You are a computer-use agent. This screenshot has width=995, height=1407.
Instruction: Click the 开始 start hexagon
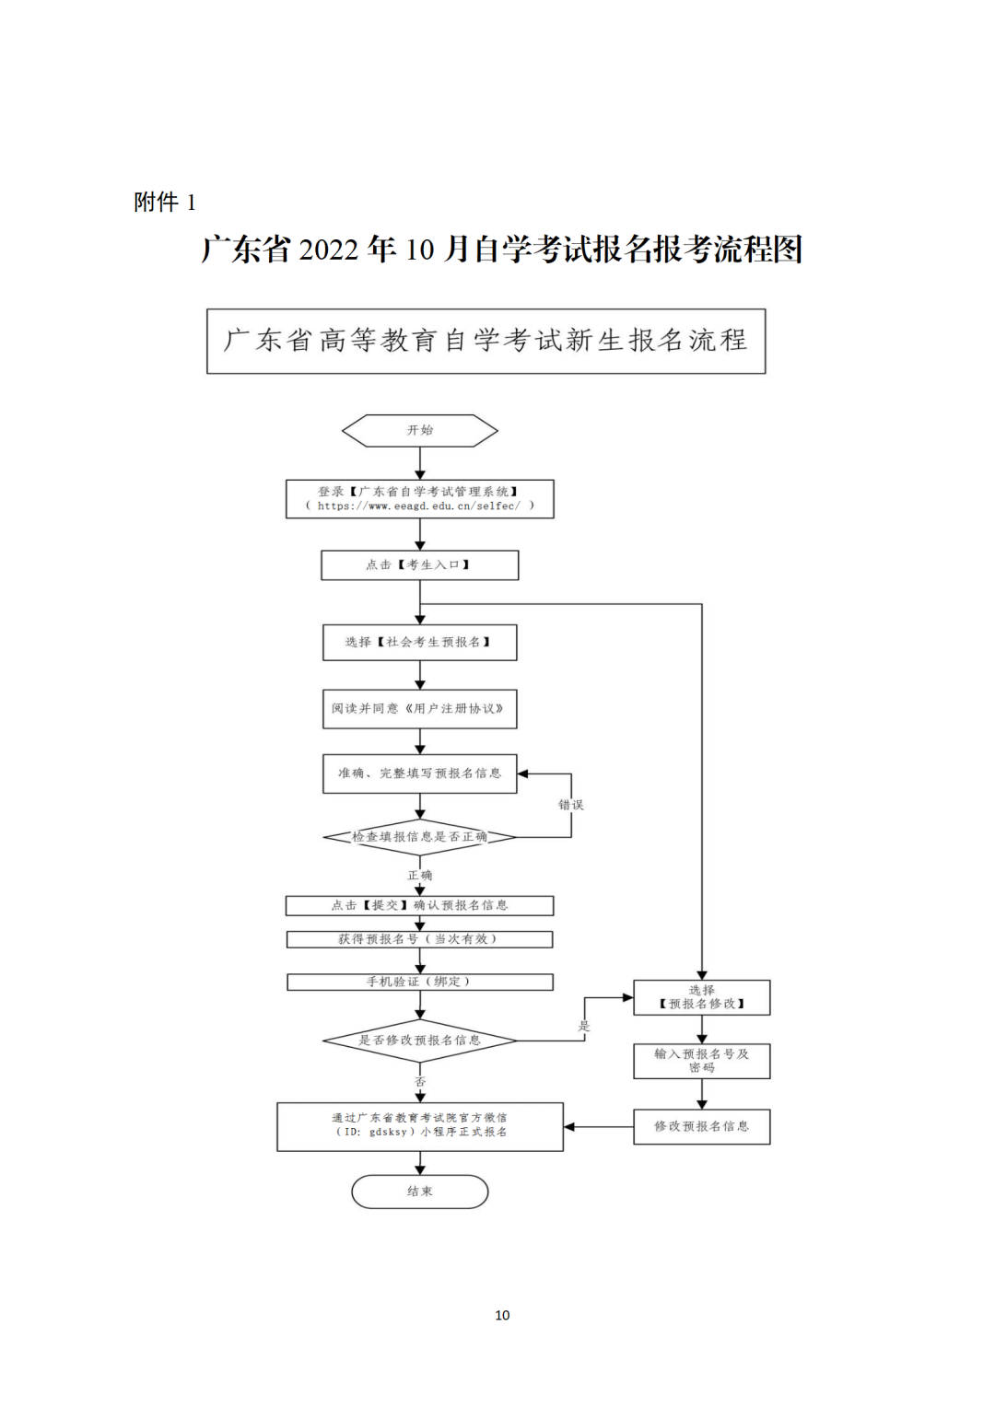tap(420, 430)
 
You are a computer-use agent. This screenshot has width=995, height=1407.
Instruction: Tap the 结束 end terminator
tap(420, 1191)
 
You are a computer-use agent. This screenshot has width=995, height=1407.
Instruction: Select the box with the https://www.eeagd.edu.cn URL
tap(420, 499)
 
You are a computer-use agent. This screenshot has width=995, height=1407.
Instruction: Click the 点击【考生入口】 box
tap(420, 565)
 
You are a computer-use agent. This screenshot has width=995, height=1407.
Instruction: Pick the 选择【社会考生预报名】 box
tap(420, 643)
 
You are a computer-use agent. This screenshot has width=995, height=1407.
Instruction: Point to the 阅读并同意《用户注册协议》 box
tap(420, 709)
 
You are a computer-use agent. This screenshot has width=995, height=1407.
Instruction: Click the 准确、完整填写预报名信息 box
tap(420, 773)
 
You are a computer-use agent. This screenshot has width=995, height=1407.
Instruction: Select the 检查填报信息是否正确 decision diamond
tap(420, 837)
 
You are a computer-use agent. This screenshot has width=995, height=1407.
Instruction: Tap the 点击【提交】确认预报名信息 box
tap(420, 905)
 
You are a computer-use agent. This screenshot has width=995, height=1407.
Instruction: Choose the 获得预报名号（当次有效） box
tap(420, 939)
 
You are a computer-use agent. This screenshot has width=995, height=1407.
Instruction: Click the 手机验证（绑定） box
tap(420, 982)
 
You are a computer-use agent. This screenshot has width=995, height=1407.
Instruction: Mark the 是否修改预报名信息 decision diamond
tap(420, 1041)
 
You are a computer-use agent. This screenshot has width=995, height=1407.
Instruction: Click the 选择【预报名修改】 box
tap(702, 997)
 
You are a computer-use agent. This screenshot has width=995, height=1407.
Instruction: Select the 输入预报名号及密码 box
tap(702, 1061)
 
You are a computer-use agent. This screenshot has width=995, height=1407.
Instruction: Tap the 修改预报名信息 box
tap(702, 1126)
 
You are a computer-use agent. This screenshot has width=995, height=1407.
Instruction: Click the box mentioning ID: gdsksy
tap(420, 1126)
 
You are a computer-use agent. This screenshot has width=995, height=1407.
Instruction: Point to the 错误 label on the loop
tap(571, 805)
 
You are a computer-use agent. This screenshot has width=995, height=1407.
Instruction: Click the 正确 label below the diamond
tap(420, 875)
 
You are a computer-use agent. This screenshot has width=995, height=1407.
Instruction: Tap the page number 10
tap(502, 1315)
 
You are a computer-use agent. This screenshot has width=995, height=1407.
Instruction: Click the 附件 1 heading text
tap(165, 202)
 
